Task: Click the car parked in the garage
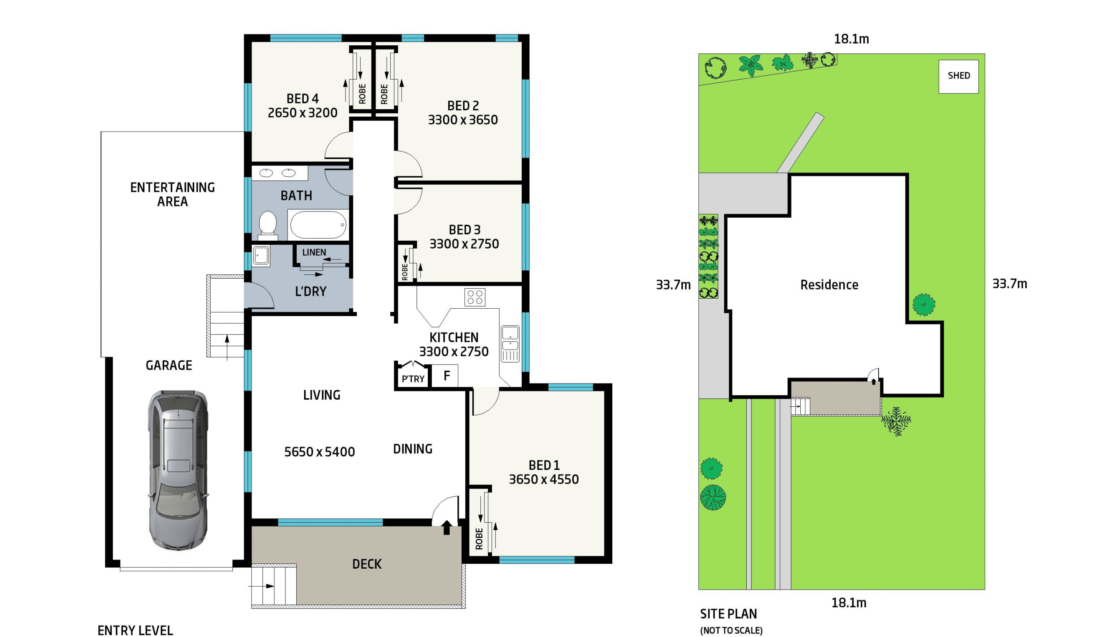click(178, 470)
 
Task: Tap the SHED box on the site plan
click(958, 76)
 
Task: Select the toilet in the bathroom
click(268, 225)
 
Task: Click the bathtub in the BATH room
click(318, 224)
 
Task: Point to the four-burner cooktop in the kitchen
click(475, 297)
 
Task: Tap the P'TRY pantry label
click(413, 379)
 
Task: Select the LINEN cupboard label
click(314, 253)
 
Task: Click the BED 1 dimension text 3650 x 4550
click(544, 479)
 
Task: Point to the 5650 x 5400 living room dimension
click(319, 452)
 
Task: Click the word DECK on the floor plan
click(367, 564)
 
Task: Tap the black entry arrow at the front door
click(446, 527)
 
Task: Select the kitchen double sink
click(510, 344)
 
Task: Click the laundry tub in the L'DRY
click(262, 256)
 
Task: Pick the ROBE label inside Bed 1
click(479, 539)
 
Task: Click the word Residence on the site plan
click(829, 285)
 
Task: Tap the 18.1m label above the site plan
click(851, 39)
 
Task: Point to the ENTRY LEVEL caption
click(135, 630)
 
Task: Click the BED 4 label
click(302, 98)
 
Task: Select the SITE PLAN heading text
click(728, 614)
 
